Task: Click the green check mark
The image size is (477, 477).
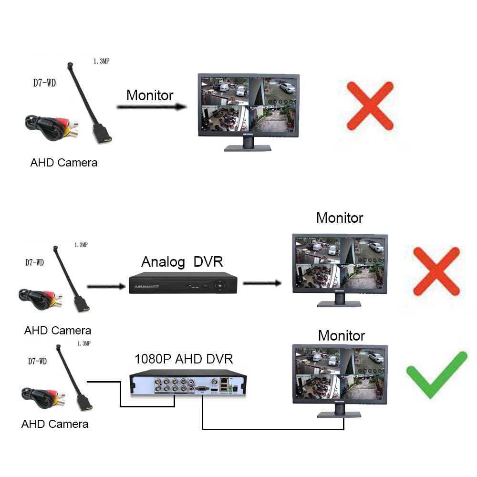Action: point(436,374)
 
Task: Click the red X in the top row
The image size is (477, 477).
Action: point(370,105)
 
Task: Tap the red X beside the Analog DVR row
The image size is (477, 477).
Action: point(436,271)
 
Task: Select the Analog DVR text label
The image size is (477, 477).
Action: point(182,262)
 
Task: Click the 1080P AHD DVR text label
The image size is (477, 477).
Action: point(184,358)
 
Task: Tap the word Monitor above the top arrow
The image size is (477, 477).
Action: point(149,95)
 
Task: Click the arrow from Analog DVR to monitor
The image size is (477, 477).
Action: point(262,283)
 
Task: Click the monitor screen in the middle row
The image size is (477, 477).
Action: point(340,263)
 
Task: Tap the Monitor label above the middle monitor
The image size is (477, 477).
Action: point(339,218)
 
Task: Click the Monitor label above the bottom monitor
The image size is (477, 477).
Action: point(341,335)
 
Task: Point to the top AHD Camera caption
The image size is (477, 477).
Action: point(63,162)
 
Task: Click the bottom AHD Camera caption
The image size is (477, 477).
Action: point(54,424)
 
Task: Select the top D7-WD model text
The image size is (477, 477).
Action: point(44,83)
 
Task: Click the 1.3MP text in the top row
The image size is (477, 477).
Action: point(102,61)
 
